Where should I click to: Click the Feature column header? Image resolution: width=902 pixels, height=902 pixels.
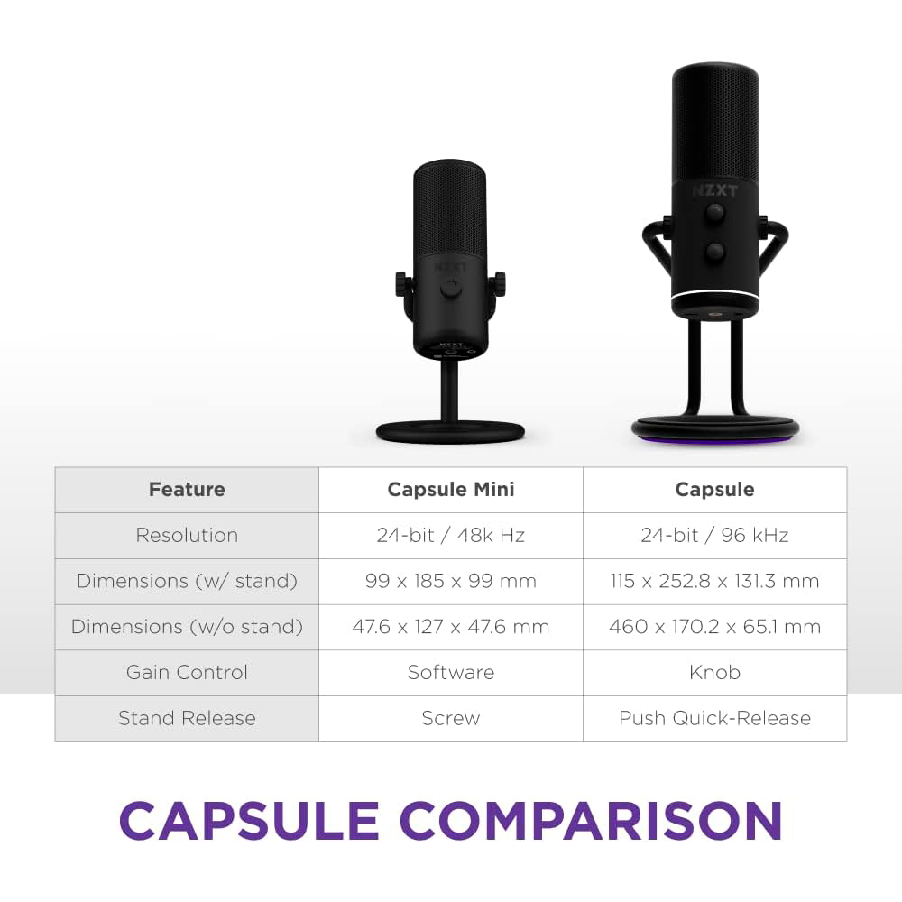tap(187, 490)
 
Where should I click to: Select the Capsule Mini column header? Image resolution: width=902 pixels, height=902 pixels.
tap(451, 490)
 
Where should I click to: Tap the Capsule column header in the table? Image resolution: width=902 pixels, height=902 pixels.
tap(714, 490)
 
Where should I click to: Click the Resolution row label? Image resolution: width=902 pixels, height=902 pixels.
tap(187, 536)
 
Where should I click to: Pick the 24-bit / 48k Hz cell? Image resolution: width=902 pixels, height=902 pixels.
tap(451, 536)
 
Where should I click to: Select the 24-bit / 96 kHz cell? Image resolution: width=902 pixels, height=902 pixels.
tap(714, 536)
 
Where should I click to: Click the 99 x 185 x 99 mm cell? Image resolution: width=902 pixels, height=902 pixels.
tap(451, 582)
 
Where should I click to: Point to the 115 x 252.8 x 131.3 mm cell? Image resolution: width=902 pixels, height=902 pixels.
tap(714, 582)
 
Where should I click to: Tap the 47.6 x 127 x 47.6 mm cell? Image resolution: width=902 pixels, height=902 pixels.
tap(451, 627)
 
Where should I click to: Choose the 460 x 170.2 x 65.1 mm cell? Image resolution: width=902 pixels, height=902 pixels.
tap(714, 627)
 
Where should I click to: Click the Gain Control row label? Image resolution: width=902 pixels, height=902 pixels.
tap(187, 673)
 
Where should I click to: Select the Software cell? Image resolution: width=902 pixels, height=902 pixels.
tap(451, 673)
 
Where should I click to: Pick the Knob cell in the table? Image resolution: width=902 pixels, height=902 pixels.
tap(714, 673)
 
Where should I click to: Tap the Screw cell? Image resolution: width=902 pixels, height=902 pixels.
tap(451, 719)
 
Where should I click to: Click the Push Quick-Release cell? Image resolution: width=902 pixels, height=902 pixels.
tap(714, 719)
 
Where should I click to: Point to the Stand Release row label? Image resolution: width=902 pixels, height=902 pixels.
tap(187, 719)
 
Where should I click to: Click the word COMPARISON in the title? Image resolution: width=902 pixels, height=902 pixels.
tap(591, 821)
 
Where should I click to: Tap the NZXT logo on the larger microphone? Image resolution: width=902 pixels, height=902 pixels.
tap(714, 191)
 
